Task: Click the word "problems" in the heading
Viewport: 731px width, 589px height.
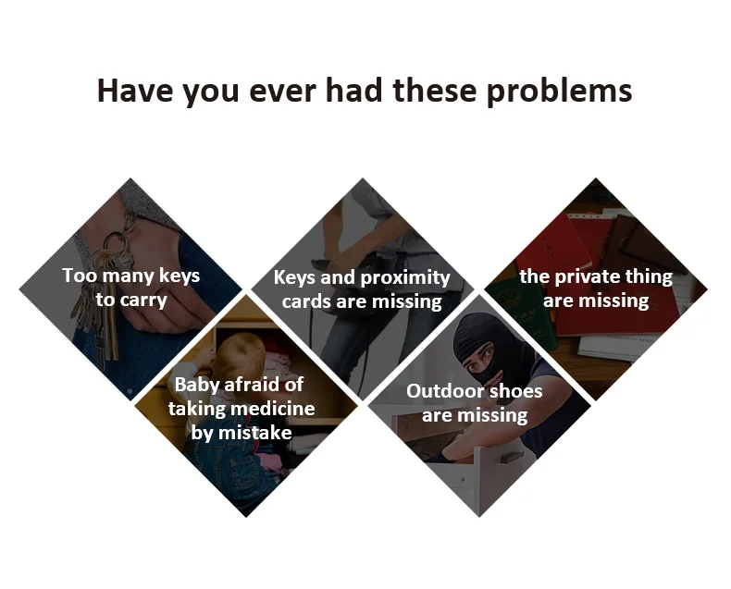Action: pos(560,92)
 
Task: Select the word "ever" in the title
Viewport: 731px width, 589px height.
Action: pos(283,92)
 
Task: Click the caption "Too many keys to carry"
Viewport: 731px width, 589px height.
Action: pos(131,288)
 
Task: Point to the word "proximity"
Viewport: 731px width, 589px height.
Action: pos(405,278)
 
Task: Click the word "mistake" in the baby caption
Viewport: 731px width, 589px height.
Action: pos(255,433)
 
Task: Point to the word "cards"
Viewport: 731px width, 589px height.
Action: pos(306,301)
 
